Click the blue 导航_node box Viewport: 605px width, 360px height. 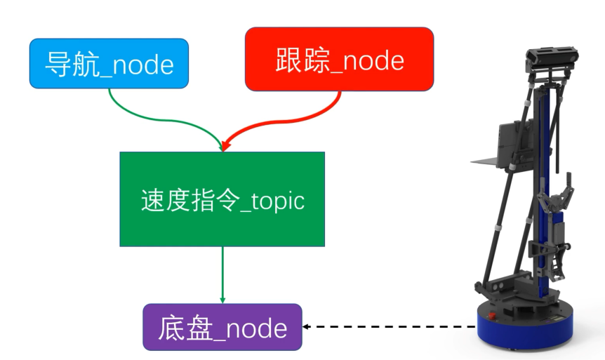click(109, 64)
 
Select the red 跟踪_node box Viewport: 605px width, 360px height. click(339, 59)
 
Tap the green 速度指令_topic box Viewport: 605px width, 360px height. click(222, 199)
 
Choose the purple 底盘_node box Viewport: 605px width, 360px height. click(222, 327)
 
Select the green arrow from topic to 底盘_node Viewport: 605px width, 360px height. click(222, 274)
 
